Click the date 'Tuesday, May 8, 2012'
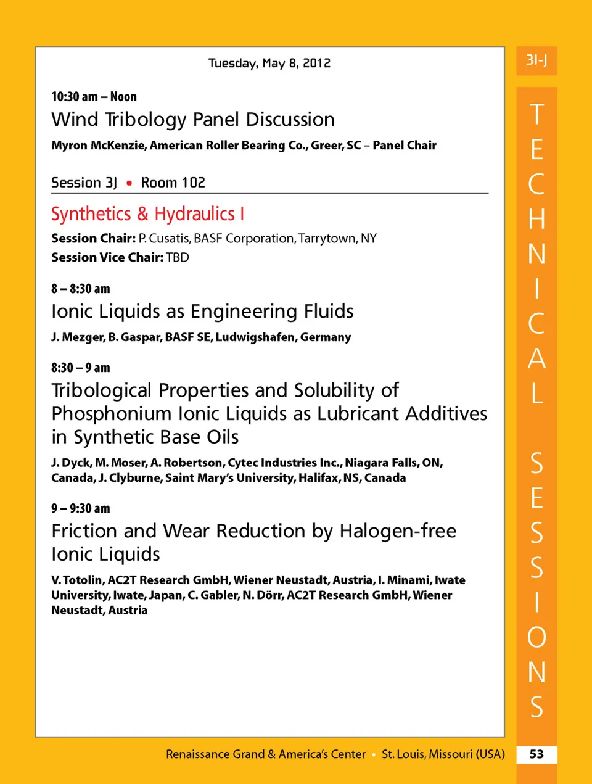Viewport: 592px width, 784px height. click(269, 63)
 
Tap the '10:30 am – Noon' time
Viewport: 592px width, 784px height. click(94, 97)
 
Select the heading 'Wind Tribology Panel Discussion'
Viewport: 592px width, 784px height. click(193, 119)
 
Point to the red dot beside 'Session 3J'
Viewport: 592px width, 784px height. click(129, 183)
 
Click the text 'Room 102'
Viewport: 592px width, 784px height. click(173, 183)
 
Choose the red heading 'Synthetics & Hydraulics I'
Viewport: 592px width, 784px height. click(148, 214)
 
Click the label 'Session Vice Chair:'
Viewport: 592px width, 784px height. click(107, 258)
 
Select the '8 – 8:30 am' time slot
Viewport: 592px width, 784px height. click(81, 289)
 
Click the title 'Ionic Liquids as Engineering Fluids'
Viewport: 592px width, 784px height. click(202, 312)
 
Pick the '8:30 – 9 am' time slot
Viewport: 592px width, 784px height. click(81, 368)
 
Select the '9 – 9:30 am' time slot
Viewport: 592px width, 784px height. click(81, 508)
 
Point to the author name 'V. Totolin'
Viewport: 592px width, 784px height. click(78, 580)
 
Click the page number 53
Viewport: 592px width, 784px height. click(536, 754)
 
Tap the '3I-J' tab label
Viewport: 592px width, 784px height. click(536, 60)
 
